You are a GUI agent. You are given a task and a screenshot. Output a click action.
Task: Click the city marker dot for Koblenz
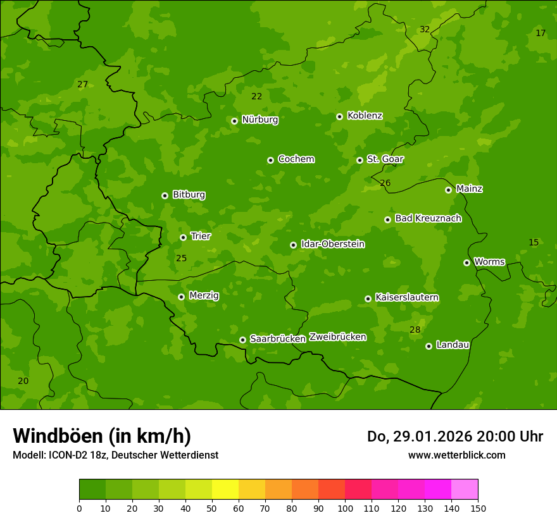pyautogui.click(x=339, y=116)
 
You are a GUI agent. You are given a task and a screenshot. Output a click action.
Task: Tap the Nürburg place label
pyautogui.click(x=260, y=120)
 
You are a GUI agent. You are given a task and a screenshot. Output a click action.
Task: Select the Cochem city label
pyautogui.click(x=296, y=159)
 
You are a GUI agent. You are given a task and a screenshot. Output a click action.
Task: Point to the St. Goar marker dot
pyautogui.click(x=360, y=160)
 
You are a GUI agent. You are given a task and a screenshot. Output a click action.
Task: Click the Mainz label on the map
pyautogui.click(x=469, y=189)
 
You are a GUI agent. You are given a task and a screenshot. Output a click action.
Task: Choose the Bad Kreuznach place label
pyautogui.click(x=428, y=218)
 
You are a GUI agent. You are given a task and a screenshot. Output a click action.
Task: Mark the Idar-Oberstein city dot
pyautogui.click(x=293, y=245)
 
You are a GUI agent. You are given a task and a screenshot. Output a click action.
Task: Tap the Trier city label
pyautogui.click(x=201, y=236)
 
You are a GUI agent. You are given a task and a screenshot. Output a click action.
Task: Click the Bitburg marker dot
pyautogui.click(x=165, y=195)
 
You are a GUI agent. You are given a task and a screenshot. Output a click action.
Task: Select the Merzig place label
pyautogui.click(x=204, y=295)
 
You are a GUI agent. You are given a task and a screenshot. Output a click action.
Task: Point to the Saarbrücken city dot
pyautogui.click(x=242, y=340)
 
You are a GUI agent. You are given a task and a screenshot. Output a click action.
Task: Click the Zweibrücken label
pyautogui.click(x=337, y=337)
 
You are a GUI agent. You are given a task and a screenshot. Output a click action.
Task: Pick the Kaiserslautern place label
pyautogui.click(x=407, y=297)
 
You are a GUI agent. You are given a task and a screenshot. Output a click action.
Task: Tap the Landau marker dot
pyautogui.click(x=429, y=346)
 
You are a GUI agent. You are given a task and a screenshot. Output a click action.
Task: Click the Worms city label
pyautogui.click(x=489, y=262)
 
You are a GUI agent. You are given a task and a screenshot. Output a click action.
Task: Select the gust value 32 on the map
pyautogui.click(x=425, y=30)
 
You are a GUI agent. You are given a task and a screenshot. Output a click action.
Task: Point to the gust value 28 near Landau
pyautogui.click(x=415, y=330)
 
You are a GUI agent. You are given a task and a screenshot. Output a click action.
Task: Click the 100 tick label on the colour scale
pyautogui.click(x=345, y=509)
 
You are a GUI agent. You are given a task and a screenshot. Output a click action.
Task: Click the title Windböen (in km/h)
pyautogui.click(x=102, y=436)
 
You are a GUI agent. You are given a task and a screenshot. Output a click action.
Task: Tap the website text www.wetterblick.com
pyautogui.click(x=456, y=455)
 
